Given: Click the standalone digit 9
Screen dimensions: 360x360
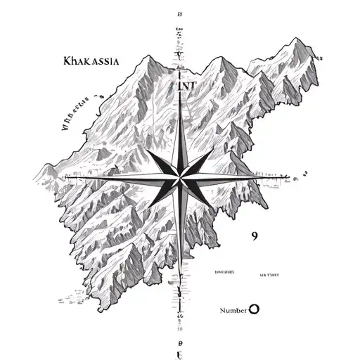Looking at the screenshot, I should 254,236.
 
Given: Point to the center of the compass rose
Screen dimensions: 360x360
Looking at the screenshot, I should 180,177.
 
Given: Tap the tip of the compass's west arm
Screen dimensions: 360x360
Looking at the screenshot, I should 70,177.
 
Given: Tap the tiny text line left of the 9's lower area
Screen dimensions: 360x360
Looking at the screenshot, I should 224,269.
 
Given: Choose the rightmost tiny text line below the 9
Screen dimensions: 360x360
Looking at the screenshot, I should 269,275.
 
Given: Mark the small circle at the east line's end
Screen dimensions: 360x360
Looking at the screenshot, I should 304,172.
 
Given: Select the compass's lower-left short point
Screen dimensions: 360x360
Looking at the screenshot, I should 153,205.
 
